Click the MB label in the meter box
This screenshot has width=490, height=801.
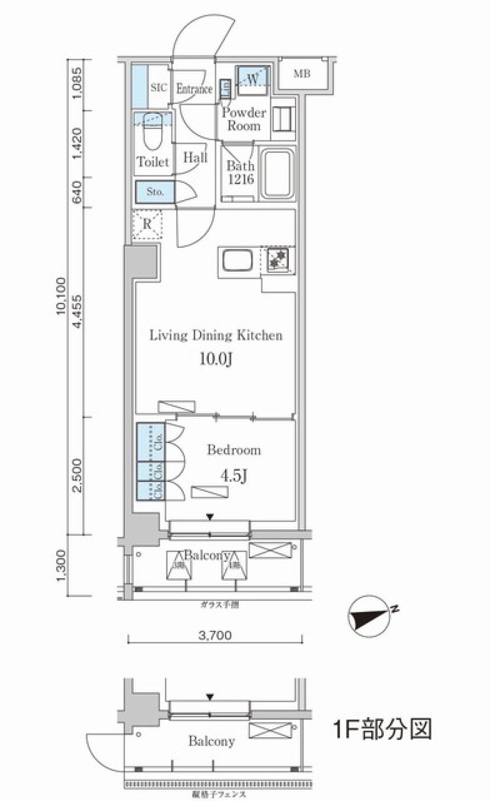tap(302, 74)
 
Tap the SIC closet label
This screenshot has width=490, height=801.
tap(158, 88)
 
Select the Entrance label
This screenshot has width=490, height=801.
tap(194, 89)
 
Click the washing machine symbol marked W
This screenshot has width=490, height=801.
tap(252, 80)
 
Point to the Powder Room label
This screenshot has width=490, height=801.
tap(243, 119)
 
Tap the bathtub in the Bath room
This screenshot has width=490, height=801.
tap(277, 174)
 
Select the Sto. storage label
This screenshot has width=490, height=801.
tap(155, 192)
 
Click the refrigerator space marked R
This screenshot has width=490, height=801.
tap(147, 224)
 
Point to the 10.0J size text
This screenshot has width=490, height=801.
tap(215, 359)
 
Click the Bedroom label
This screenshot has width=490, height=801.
tap(234, 450)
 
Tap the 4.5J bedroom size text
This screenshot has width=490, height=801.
tap(234, 476)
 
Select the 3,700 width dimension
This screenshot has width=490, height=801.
tap(214, 635)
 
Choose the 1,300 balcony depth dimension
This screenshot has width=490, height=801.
tap(61, 565)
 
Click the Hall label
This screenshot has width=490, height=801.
tap(195, 157)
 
